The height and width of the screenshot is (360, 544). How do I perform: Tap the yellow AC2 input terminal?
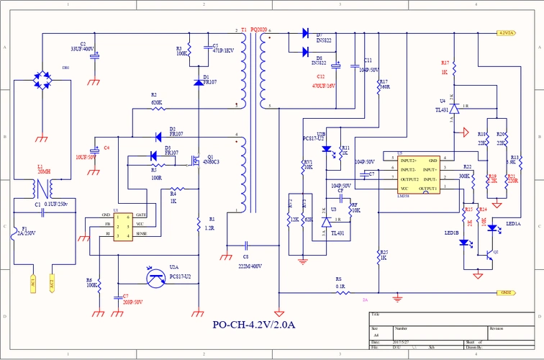coord(52,284)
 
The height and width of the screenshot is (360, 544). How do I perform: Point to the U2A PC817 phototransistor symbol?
coord(155,276)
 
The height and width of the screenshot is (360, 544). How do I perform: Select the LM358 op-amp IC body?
coord(418,174)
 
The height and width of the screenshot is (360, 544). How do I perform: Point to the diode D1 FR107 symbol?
coord(199,82)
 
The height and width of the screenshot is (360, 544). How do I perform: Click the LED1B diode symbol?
coord(464,243)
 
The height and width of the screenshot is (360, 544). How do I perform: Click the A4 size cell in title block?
coord(376,336)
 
